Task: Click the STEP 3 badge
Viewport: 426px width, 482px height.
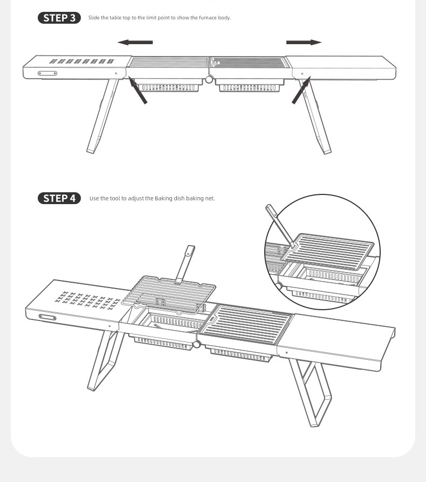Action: click(59, 18)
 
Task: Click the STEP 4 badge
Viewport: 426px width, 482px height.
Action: click(59, 198)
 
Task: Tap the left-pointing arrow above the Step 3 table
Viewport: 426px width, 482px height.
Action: click(135, 42)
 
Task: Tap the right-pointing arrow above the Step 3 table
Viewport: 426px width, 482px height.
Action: click(304, 42)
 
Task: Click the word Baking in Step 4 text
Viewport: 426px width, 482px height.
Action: click(163, 198)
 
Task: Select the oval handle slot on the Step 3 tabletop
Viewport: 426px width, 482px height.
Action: click(47, 73)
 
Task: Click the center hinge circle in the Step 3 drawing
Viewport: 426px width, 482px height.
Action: click(209, 80)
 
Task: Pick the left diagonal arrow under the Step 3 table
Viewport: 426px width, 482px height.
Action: click(138, 90)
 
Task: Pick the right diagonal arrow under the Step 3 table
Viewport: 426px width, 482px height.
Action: click(301, 90)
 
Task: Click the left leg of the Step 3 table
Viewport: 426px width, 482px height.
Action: click(102, 116)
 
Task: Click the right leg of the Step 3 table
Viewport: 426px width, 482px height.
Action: click(315, 116)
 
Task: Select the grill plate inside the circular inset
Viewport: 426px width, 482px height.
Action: click(328, 251)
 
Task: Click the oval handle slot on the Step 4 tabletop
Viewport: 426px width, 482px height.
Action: click(47, 317)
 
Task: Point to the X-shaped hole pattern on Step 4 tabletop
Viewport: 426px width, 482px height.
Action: click(87, 301)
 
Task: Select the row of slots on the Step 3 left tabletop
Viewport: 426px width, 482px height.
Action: click(81, 61)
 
